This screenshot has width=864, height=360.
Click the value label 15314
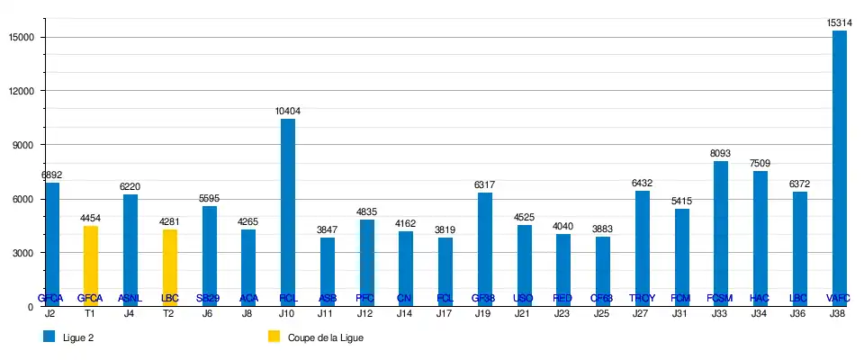(839, 22)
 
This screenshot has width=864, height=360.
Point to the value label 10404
(288, 111)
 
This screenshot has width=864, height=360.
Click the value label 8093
(721, 152)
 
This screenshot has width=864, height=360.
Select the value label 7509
(760, 163)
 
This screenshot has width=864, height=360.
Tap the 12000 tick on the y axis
(21, 91)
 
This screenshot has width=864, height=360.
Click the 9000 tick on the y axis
(23, 145)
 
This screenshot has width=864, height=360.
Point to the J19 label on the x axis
(484, 313)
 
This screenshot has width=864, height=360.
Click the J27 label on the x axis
(642, 313)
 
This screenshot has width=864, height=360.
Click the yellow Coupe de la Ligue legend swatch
(274, 337)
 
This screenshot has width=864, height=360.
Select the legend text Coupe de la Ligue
(325, 337)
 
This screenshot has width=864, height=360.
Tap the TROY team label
(642, 298)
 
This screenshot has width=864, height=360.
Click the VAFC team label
(839, 298)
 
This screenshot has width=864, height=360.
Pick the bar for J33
(721, 233)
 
